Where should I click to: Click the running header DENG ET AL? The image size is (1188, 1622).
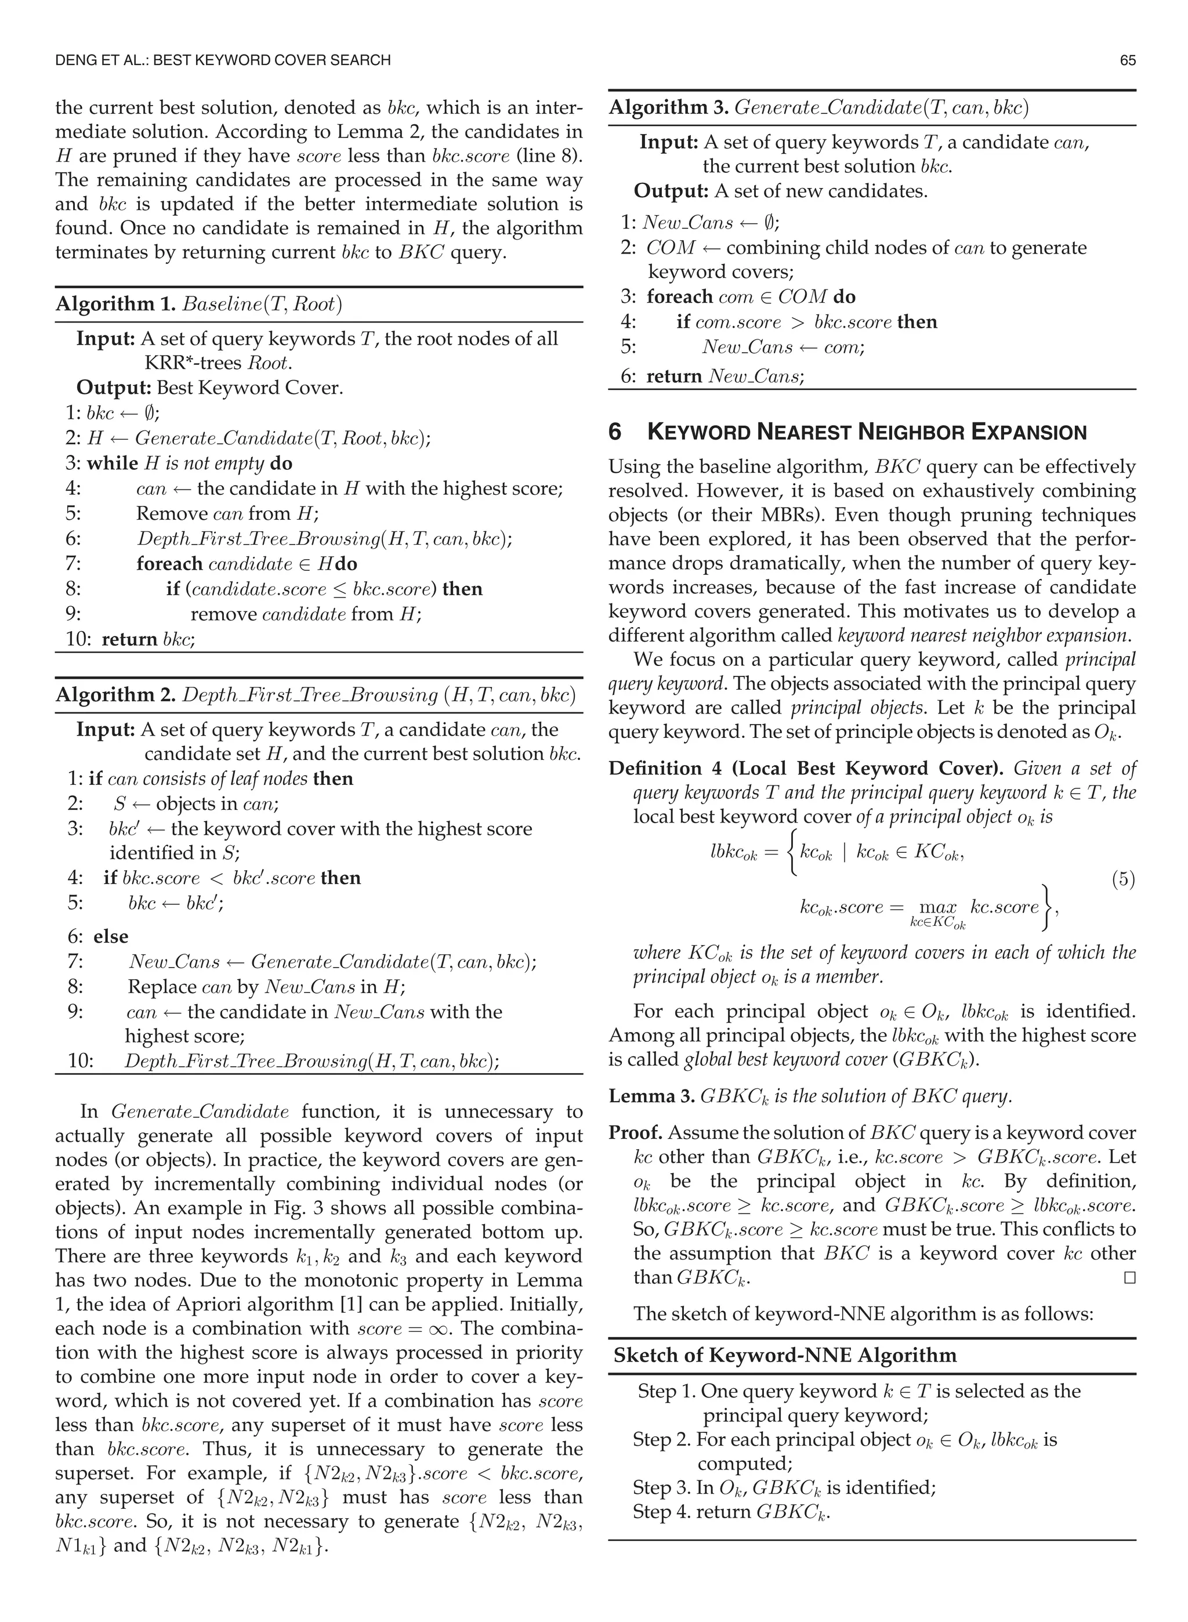coord(101,60)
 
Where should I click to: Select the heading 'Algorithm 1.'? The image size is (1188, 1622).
coord(116,304)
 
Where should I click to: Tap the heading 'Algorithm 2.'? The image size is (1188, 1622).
coord(116,695)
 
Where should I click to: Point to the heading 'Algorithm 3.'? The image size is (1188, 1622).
coord(669,108)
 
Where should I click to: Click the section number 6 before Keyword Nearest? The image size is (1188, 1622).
coord(615,432)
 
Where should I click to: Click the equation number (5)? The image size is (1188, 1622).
coord(1123,879)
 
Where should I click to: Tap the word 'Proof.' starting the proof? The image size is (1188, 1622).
coord(636,1133)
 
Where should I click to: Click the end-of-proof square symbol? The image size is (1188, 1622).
coord(1129,1277)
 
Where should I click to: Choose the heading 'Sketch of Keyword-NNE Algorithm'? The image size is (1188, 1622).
coord(785,1356)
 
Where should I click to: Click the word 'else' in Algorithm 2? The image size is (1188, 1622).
coord(111,937)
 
